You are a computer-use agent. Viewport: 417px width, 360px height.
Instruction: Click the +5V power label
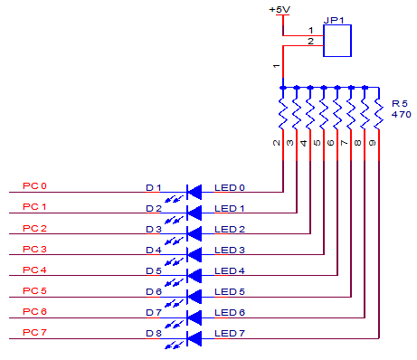pos(280,9)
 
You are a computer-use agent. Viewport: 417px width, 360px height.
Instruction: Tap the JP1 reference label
pos(336,18)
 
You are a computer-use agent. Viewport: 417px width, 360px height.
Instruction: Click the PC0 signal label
pos(34,187)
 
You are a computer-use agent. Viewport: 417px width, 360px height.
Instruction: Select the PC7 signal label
pos(34,333)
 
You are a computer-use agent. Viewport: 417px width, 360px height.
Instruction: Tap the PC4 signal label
pos(34,270)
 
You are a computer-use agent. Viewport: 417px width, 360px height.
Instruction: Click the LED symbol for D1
pos(193,192)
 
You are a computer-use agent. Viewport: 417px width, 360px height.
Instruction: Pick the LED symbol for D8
pos(193,337)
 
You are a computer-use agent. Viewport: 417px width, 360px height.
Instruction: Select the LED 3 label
pos(229,250)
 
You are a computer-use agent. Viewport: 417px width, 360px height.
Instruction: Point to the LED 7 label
pos(229,334)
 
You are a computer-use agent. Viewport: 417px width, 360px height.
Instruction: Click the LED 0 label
pos(229,187)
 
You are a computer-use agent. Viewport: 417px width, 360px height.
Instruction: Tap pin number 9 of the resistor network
pos(371,142)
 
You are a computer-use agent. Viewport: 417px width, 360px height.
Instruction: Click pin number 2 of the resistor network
pos(274,142)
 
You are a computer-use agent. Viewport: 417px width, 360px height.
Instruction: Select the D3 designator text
pos(154,230)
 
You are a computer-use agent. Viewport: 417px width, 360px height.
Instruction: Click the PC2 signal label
pos(34,229)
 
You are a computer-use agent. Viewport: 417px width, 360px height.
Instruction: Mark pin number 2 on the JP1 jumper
pos(310,42)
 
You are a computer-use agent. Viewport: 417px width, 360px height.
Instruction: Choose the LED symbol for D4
pos(193,254)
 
